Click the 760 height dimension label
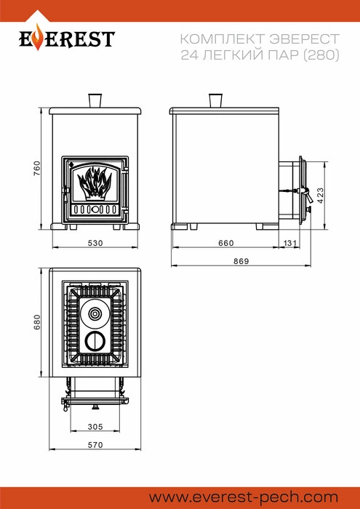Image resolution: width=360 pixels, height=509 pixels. (37, 168)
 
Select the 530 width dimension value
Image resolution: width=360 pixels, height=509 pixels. (95, 243)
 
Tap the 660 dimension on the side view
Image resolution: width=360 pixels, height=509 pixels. (226, 243)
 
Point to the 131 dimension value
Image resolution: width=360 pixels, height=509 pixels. (290, 243)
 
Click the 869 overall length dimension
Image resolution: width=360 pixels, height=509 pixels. (241, 261)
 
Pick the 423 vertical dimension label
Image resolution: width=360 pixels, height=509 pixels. (321, 195)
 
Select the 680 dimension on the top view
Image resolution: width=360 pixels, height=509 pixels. (37, 322)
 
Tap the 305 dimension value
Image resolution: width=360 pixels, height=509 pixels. (95, 427)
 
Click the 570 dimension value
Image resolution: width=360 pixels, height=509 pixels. (95, 445)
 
